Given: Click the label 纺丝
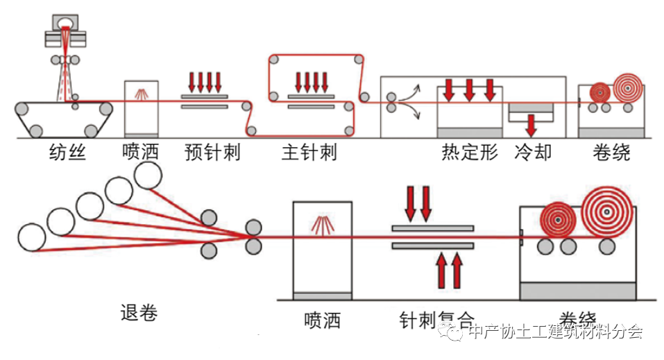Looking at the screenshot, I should click(68, 152).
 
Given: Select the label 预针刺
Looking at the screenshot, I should click(212, 152).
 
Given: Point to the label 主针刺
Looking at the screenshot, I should click(309, 152).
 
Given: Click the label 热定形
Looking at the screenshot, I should click(470, 152).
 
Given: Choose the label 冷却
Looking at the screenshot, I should click(533, 152).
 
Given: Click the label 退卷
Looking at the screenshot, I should click(139, 313).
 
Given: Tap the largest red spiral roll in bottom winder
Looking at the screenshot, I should click(607, 210).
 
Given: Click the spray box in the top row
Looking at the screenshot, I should click(141, 108).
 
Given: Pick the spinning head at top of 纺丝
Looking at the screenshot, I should click(66, 27).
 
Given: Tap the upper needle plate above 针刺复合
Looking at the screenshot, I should click(432, 228).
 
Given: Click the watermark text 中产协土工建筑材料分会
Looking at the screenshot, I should click(555, 332).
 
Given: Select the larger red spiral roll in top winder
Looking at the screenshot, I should click(629, 89).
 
